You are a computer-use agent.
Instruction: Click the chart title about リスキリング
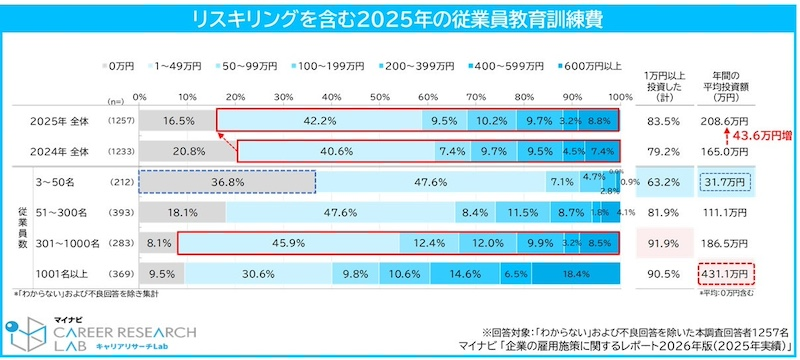point(400,19)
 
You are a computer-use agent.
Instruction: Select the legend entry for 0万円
point(123,65)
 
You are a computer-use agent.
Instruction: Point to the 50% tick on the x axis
point(379,96)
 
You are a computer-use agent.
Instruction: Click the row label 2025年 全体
point(60,120)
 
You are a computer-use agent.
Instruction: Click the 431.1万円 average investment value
point(725,273)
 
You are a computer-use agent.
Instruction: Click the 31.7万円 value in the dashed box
point(725,182)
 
